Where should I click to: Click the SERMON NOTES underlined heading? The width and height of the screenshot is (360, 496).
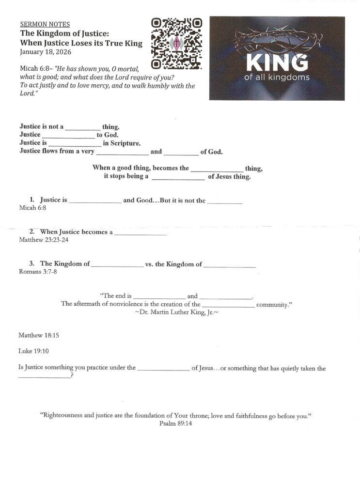45,24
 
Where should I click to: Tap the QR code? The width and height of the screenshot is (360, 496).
176,44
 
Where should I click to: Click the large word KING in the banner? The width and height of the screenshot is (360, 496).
277,62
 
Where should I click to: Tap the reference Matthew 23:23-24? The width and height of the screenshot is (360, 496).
43,239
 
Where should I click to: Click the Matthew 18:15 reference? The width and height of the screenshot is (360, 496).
39,335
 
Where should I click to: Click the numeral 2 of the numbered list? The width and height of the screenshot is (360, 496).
31,232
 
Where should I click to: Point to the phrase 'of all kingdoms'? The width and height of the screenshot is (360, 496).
277,77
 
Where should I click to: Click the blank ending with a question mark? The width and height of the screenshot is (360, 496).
44,378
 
